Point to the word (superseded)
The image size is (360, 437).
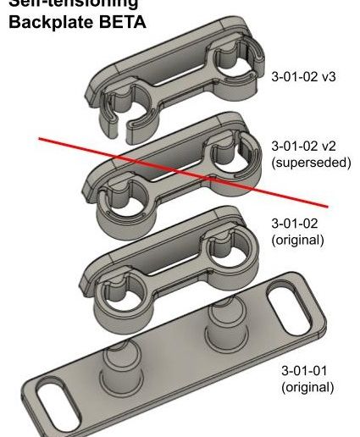pos(309,162)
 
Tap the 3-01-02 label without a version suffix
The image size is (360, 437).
pos(293,224)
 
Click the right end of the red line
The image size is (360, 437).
pos(328,205)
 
